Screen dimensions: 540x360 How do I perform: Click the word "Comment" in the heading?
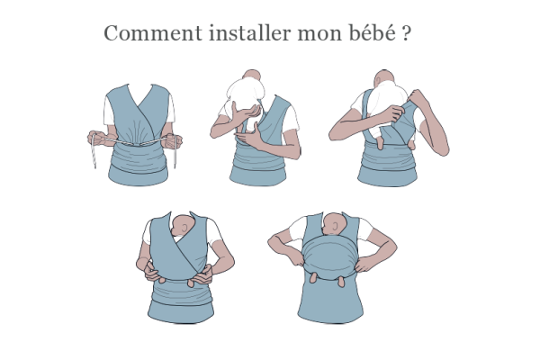[153, 33]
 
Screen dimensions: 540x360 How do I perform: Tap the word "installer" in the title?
[250, 33]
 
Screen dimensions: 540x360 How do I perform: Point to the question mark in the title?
[407, 33]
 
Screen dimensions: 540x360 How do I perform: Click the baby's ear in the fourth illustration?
[184, 228]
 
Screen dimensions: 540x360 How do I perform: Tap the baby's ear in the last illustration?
[336, 226]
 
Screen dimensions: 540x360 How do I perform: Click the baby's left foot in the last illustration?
[313, 277]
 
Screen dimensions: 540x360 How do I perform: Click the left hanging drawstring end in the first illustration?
[93, 157]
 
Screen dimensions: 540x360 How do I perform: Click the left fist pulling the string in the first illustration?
[97, 138]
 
